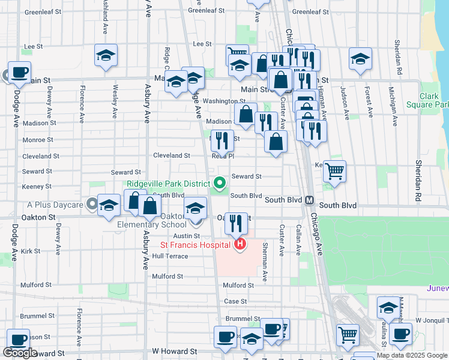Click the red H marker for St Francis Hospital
(x=240, y=244)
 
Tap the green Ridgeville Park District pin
(x=220, y=183)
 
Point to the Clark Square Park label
(x=434, y=100)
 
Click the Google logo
(x=20, y=353)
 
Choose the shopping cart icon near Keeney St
(x=334, y=170)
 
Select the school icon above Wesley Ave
(x=106, y=56)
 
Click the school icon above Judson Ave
(x=360, y=59)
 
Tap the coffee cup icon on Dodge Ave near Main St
(x=19, y=73)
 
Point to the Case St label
(x=235, y=301)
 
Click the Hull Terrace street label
(x=170, y=256)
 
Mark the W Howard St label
(x=174, y=350)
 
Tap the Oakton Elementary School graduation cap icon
(x=194, y=208)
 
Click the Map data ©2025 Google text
(x=412, y=355)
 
